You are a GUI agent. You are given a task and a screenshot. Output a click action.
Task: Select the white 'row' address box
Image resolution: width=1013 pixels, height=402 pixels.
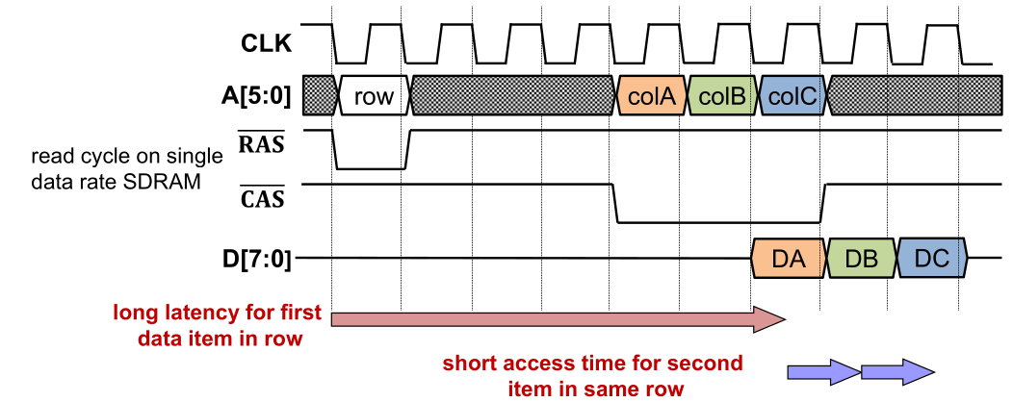click(x=374, y=96)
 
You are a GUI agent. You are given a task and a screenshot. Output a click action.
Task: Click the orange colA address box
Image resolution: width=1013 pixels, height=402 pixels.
click(x=653, y=96)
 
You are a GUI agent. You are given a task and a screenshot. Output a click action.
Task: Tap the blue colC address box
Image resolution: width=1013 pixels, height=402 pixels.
click(x=792, y=96)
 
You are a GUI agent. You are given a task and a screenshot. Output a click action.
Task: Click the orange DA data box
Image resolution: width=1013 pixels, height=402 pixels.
click(x=788, y=258)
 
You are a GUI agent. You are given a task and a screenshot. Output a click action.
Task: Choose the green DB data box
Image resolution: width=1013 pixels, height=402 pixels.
click(x=861, y=258)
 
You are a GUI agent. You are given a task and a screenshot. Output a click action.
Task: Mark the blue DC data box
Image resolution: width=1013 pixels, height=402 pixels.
click(x=931, y=258)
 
